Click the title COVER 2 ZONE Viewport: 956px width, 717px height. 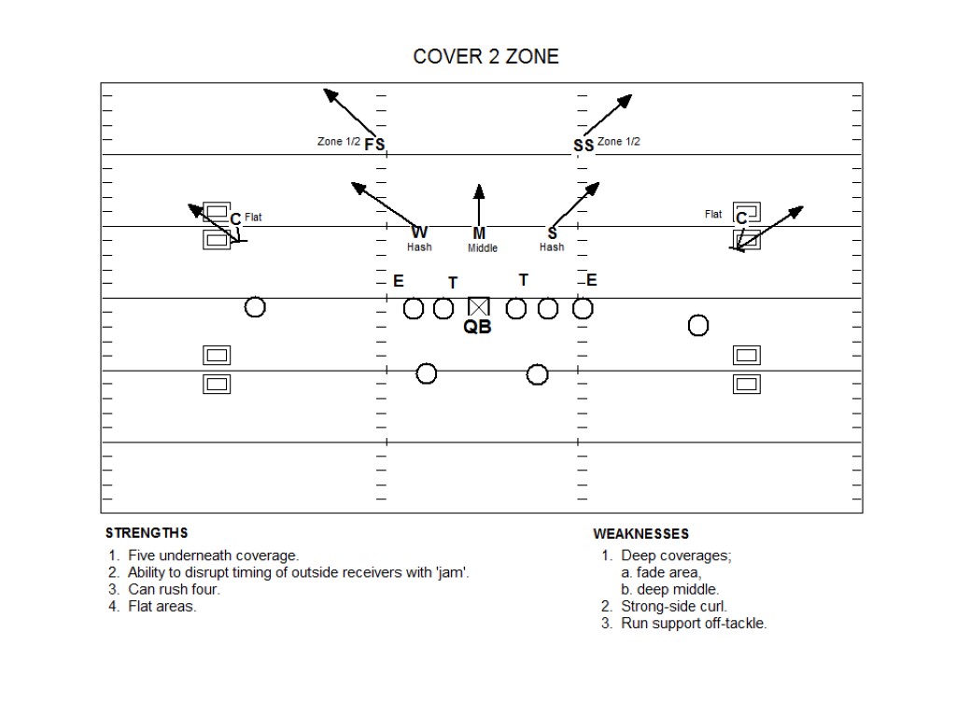point(485,57)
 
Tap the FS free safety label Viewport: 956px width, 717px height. point(374,144)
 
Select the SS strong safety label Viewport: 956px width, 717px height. point(583,145)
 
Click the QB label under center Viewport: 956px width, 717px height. point(478,328)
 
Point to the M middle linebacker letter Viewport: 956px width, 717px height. point(479,232)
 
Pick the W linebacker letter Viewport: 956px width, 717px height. point(419,232)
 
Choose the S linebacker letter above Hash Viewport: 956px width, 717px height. point(552,232)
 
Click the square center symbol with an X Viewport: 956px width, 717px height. point(479,306)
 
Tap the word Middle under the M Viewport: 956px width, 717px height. point(483,248)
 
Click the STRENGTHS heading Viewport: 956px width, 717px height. point(147,533)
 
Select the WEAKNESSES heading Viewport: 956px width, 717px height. point(641,534)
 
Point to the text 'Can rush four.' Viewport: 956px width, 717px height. point(174,589)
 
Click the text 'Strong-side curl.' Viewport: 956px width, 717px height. point(674,607)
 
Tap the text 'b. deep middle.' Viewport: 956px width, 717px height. point(669,590)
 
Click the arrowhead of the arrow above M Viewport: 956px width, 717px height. point(479,190)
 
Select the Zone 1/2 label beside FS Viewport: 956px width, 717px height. point(339,142)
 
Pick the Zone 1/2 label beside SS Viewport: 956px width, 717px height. point(619,142)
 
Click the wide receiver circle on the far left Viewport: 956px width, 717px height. point(255,306)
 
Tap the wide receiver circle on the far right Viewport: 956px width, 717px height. point(698,325)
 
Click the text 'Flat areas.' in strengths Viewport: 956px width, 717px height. point(162,606)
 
